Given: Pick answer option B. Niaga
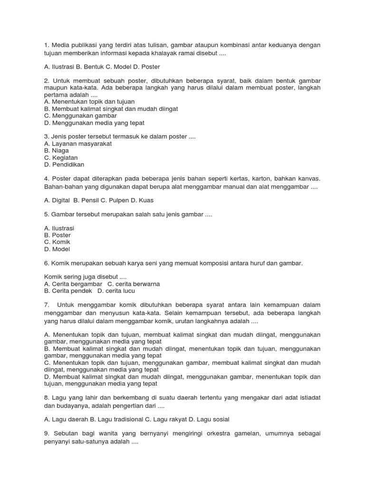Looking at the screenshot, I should [x=56, y=150].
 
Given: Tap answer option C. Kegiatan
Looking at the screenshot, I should [x=60, y=157].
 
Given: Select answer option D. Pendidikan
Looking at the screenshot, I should [x=64, y=165].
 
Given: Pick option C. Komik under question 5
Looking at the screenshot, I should [x=57, y=242].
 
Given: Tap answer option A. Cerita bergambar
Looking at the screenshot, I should [x=73, y=284].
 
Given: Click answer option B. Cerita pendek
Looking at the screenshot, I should [x=67, y=291].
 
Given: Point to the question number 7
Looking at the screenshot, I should [x=46, y=304].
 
